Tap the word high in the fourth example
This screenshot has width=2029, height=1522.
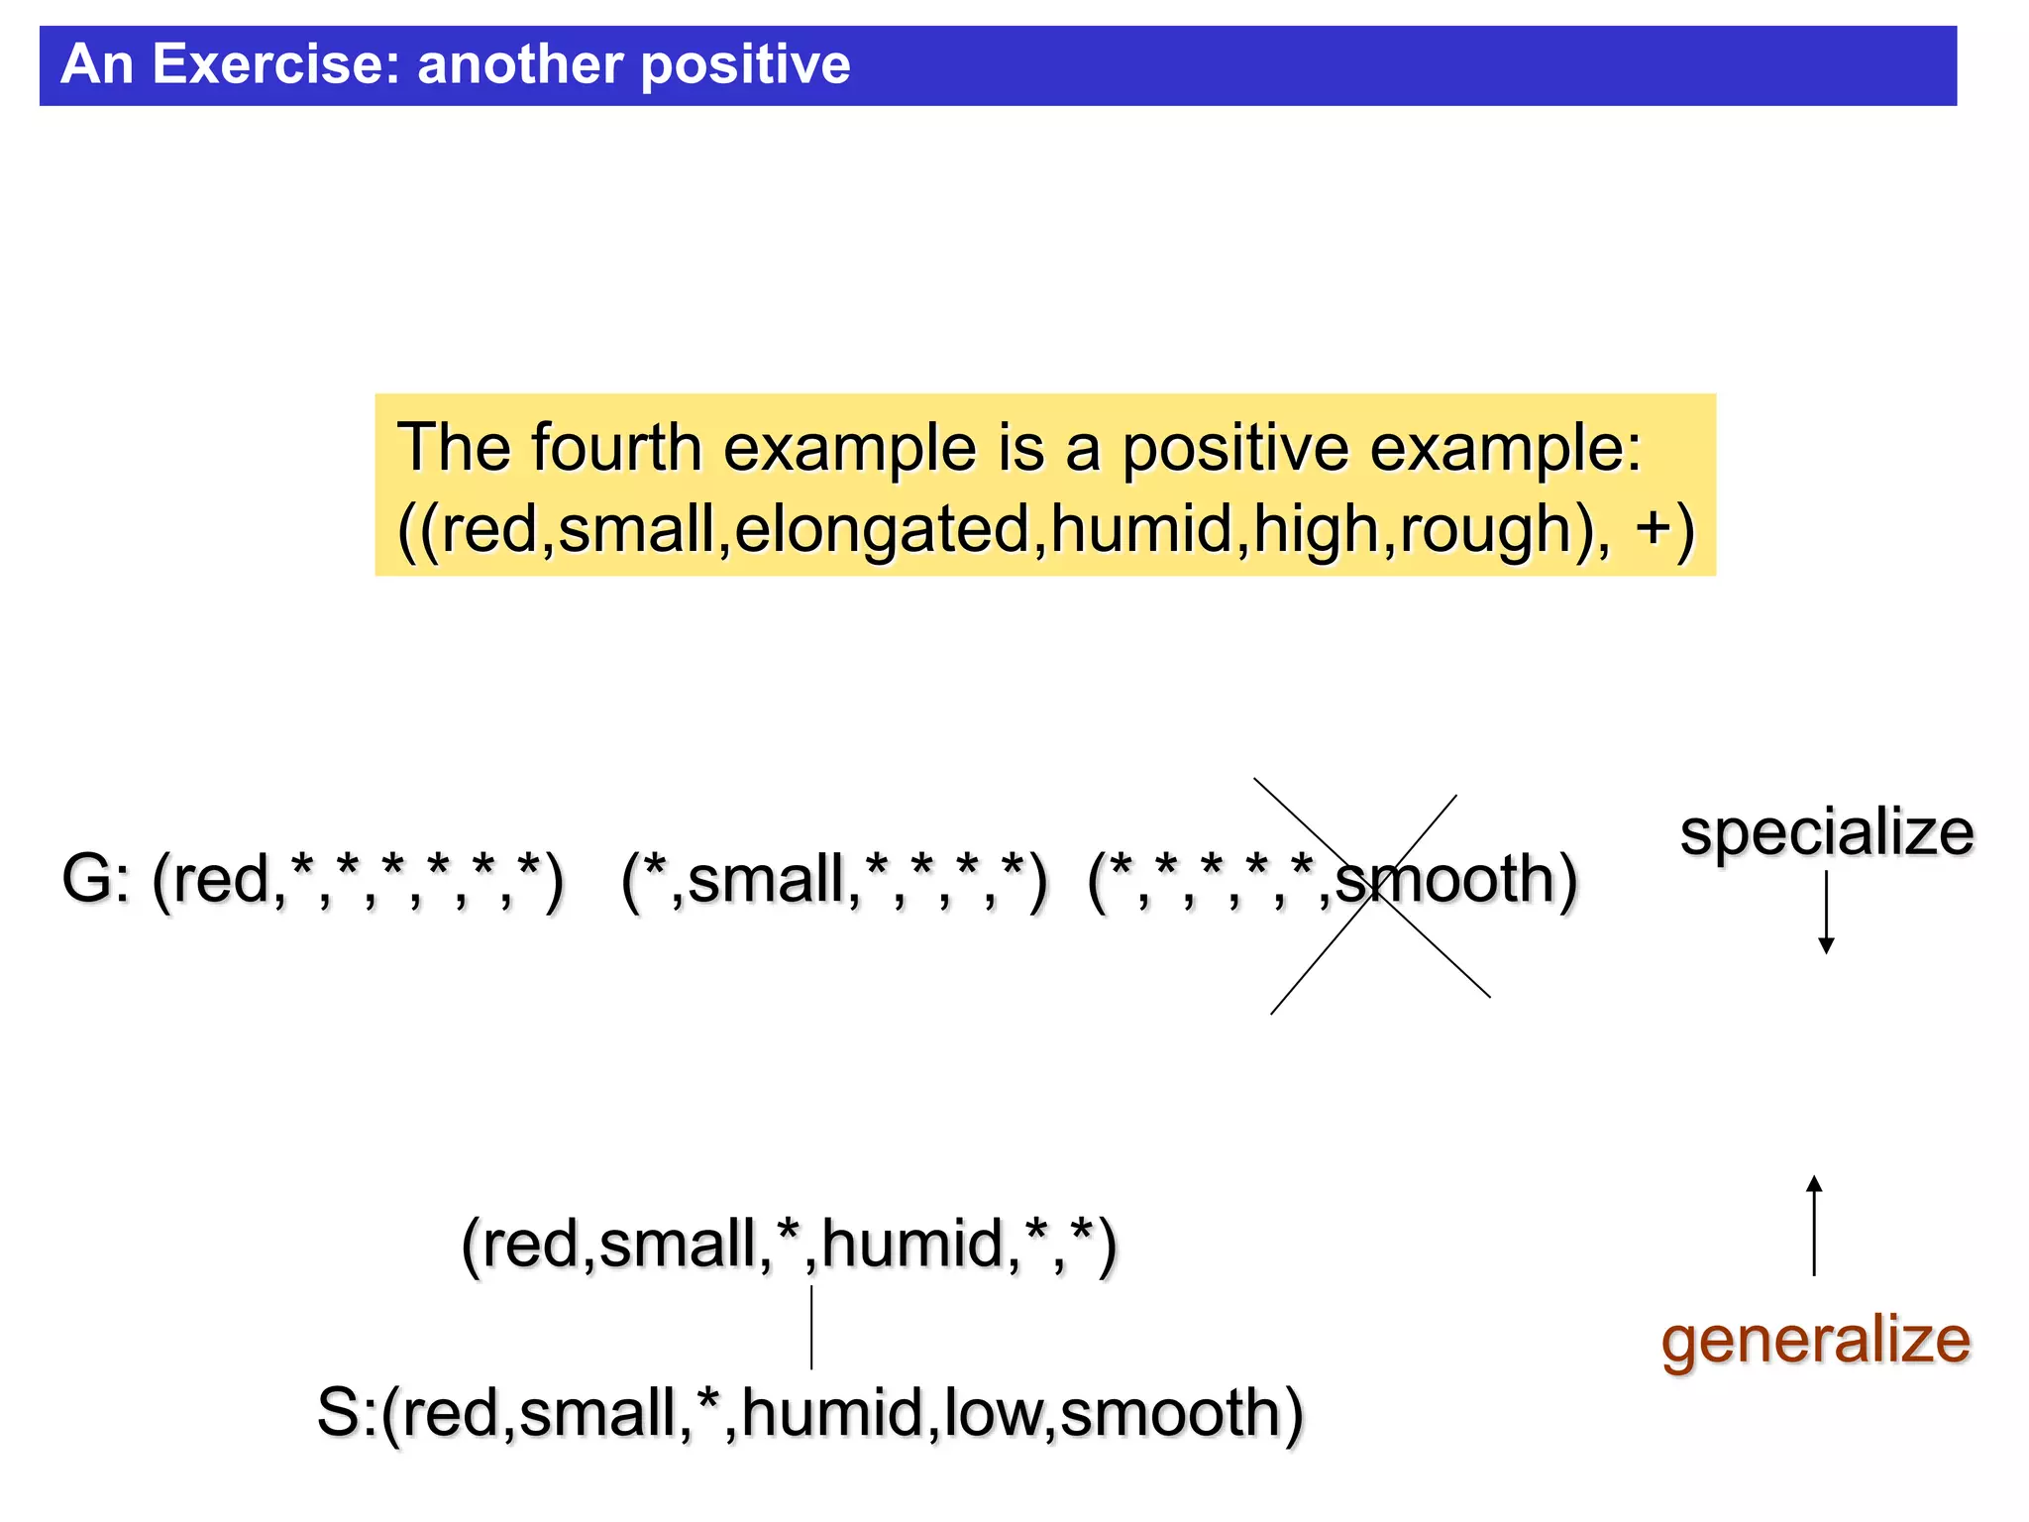coord(1315,529)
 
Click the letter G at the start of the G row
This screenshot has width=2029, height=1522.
coord(86,880)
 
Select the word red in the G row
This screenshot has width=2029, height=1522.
coord(221,880)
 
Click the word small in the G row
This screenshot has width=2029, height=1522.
coord(766,880)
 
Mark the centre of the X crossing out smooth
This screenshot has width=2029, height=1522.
coord(1371,895)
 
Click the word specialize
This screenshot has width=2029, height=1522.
coord(1826,832)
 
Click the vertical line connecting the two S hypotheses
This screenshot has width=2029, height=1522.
coord(811,1328)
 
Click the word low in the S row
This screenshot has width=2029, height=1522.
coord(992,1413)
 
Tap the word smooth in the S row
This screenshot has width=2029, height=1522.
coord(1170,1413)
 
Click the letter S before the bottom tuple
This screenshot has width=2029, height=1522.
coord(340,1413)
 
